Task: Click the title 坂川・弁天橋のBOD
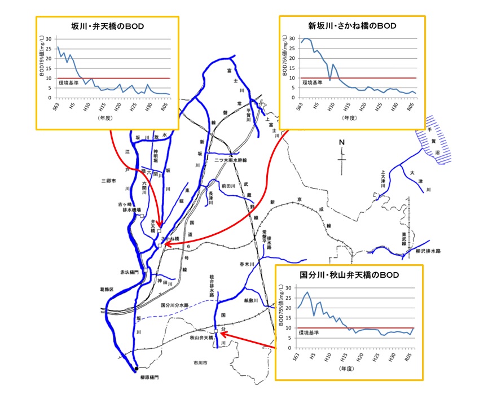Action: click(x=107, y=26)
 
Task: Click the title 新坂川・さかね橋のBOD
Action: click(x=352, y=26)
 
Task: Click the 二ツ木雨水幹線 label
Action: click(x=230, y=160)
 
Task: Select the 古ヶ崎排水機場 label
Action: click(x=130, y=207)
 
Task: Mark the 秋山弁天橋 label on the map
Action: click(x=201, y=338)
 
